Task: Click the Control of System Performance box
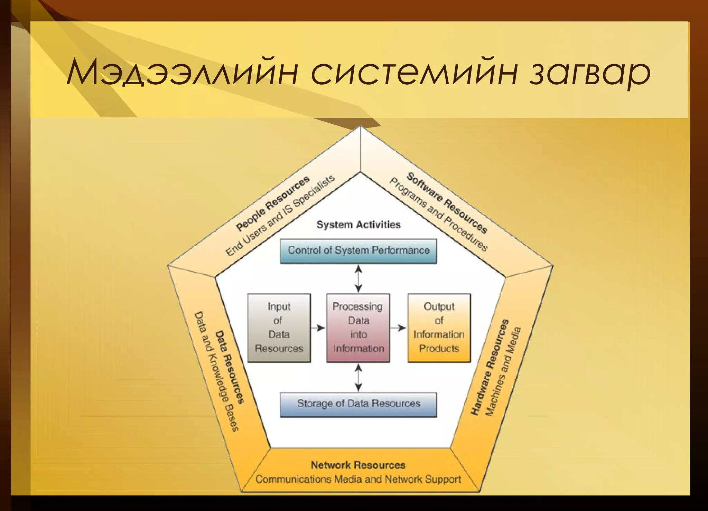pyautogui.click(x=358, y=250)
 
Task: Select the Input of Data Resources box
pyautogui.click(x=279, y=328)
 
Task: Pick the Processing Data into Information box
pyautogui.click(x=358, y=328)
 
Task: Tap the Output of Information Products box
pyautogui.click(x=439, y=328)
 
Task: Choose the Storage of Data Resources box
pyautogui.click(x=358, y=404)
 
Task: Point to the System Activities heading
pyautogui.click(x=358, y=225)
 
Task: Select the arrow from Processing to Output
pyautogui.click(x=398, y=328)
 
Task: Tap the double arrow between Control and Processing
pyautogui.click(x=358, y=278)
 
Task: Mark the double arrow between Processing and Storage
pyautogui.click(x=358, y=377)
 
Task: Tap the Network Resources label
pyautogui.click(x=358, y=465)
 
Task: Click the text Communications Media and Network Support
pyautogui.click(x=358, y=480)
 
